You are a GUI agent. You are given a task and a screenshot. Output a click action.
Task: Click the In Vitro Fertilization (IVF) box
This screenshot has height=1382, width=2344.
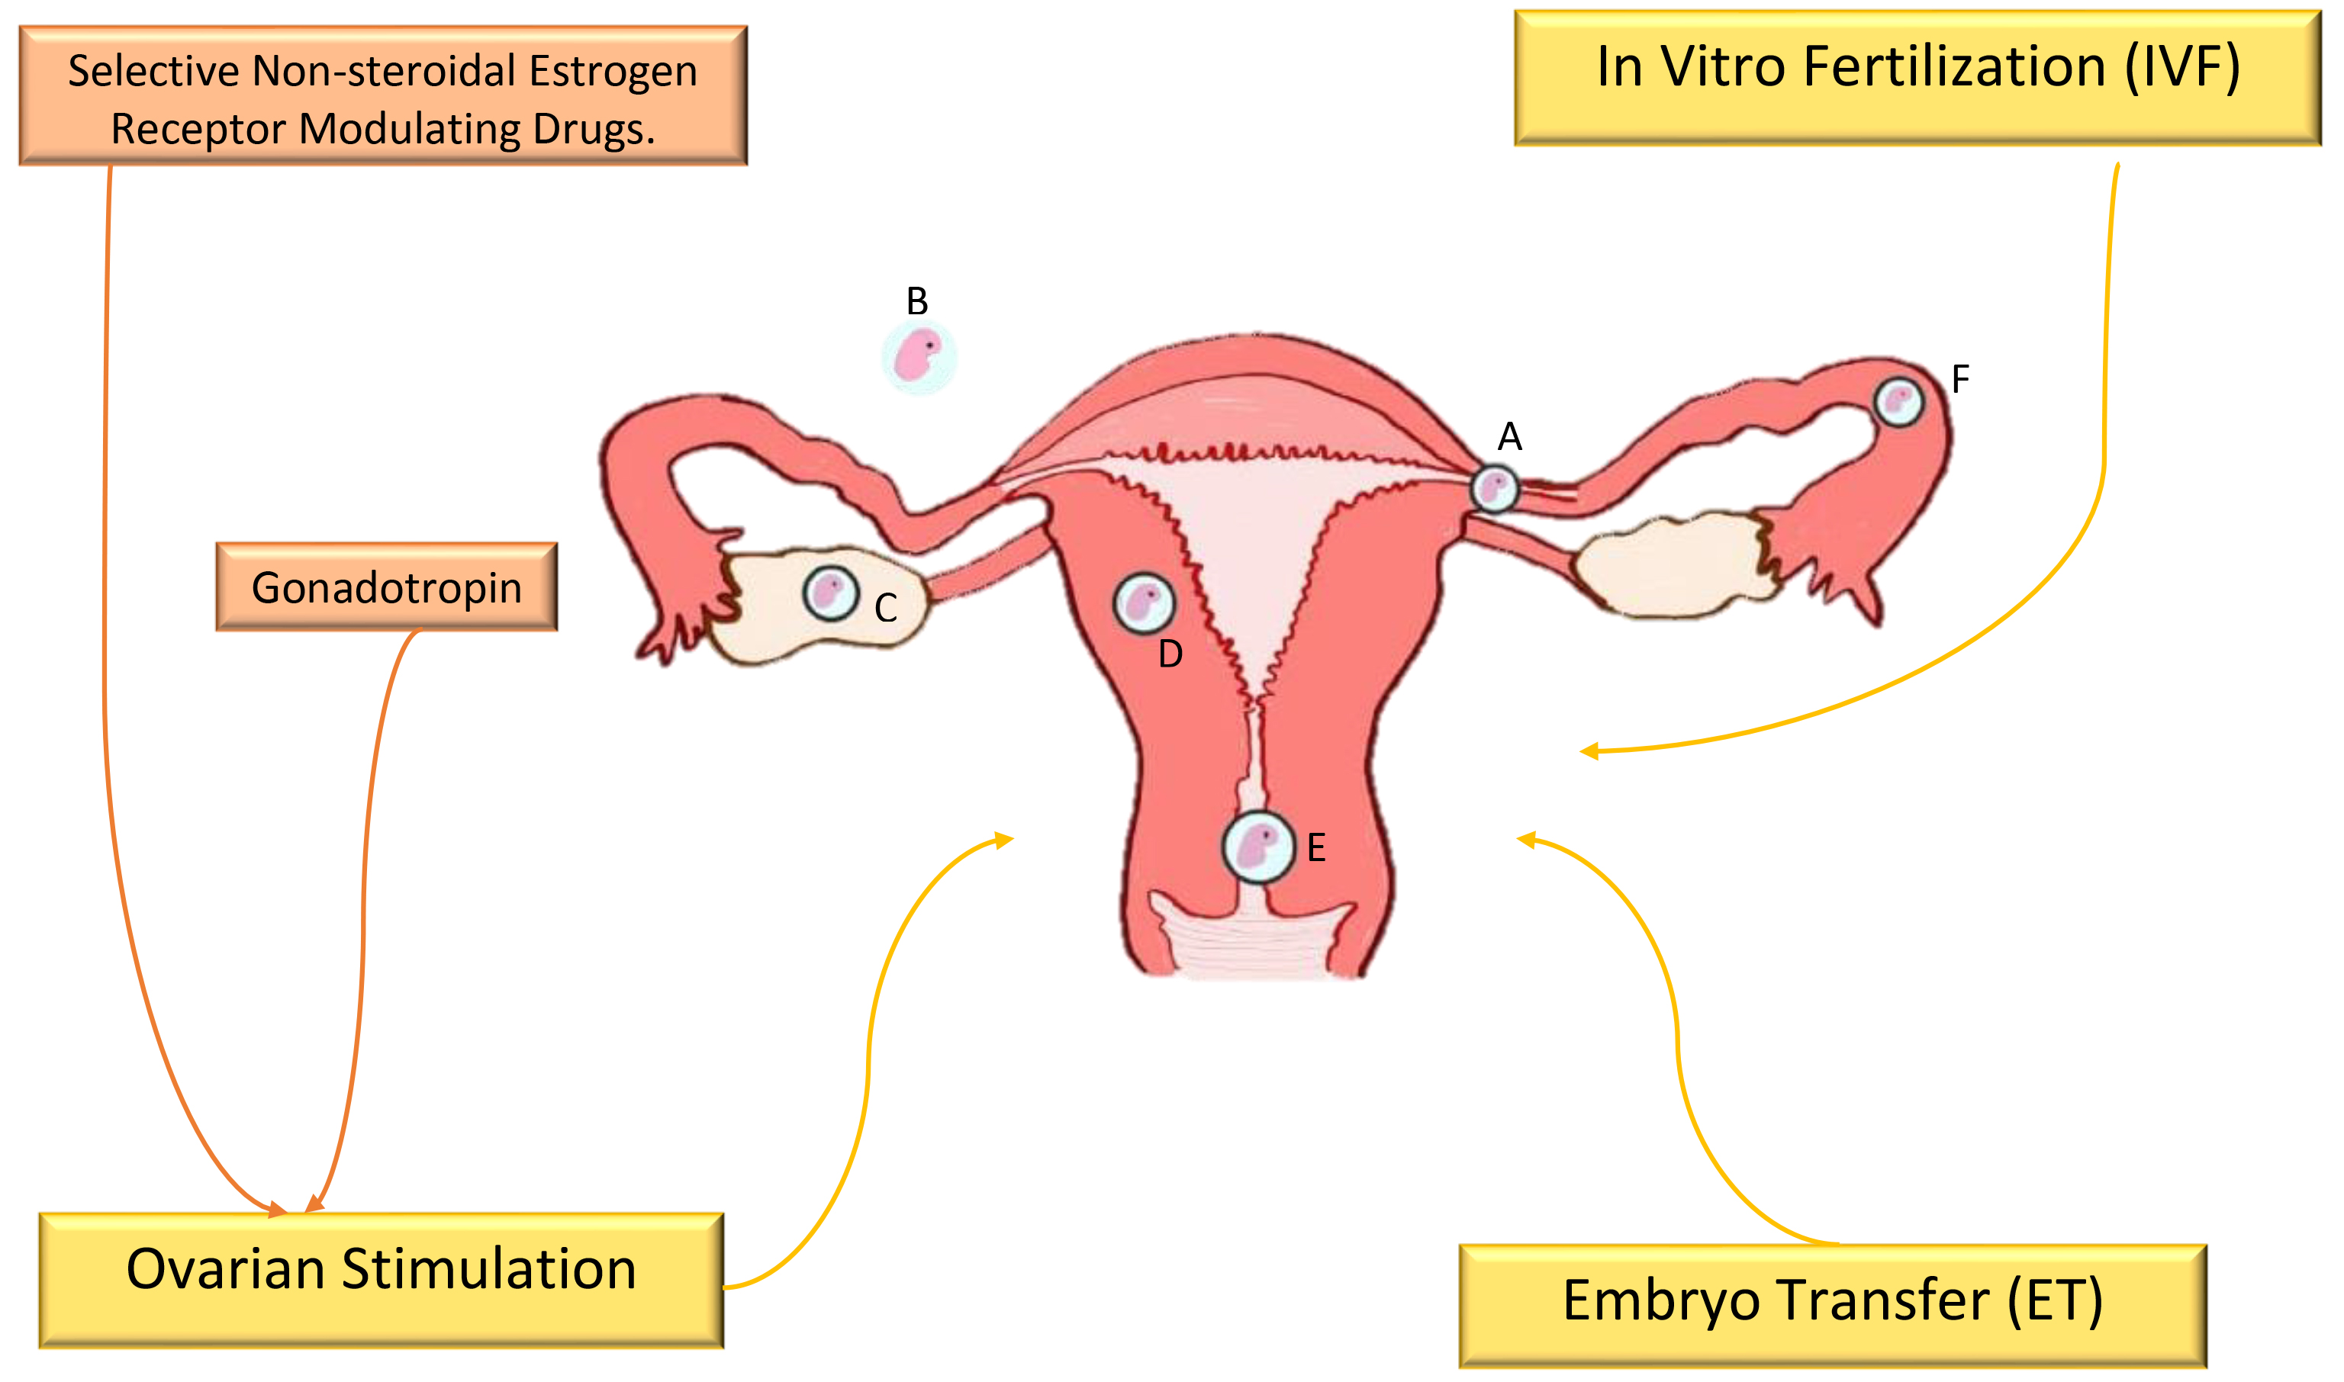pyautogui.click(x=1917, y=79)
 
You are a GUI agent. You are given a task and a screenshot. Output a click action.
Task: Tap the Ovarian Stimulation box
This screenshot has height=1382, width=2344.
pyautogui.click(x=381, y=1280)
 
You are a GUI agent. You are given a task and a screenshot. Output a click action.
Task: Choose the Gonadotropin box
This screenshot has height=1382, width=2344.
pyautogui.click(x=387, y=587)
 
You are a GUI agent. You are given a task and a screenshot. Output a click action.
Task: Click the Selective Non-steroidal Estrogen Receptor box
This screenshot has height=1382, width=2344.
pyautogui.click(x=383, y=97)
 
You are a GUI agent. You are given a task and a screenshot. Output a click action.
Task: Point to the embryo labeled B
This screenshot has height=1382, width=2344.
pyautogui.click(x=919, y=357)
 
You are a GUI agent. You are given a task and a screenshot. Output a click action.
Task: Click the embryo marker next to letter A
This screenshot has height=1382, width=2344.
pyautogui.click(x=1494, y=488)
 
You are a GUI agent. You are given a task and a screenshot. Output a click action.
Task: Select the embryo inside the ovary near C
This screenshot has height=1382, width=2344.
pyautogui.click(x=830, y=593)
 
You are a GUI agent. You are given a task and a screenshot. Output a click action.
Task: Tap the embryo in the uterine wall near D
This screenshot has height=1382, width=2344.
pyautogui.click(x=1144, y=603)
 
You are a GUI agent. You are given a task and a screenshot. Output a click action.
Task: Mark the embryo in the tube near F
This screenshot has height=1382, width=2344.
pyautogui.click(x=1898, y=402)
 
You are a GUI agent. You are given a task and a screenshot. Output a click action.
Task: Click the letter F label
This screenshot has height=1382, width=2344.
pyautogui.click(x=1960, y=380)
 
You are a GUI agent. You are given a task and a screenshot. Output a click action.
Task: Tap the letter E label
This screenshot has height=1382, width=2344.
pyautogui.click(x=1315, y=848)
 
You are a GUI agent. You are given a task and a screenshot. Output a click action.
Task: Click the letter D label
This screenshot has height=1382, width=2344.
pyautogui.click(x=1170, y=654)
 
